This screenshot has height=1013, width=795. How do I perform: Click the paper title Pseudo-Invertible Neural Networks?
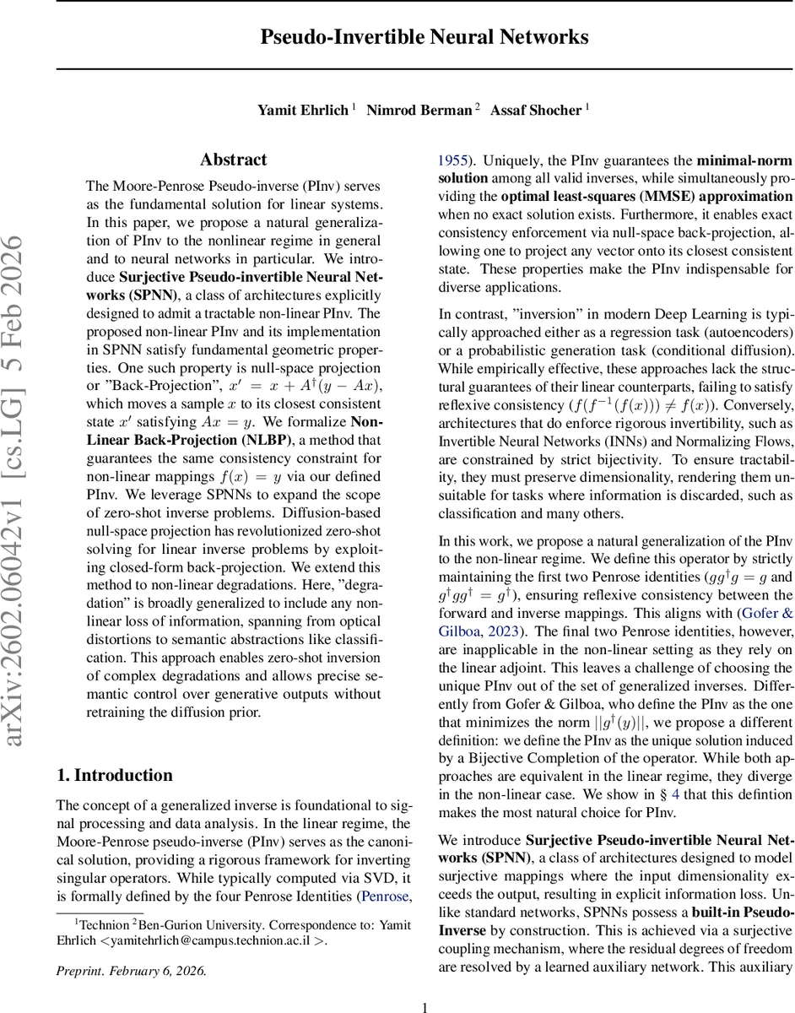[424, 37]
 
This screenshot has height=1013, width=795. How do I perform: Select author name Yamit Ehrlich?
[302, 110]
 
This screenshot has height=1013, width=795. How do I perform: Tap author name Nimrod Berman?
[419, 110]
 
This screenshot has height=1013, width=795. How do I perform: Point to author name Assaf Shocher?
[537, 110]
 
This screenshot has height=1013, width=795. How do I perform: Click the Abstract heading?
[233, 160]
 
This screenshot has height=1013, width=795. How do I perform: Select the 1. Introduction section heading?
[114, 775]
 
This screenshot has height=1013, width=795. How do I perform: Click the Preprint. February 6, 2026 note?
[131, 970]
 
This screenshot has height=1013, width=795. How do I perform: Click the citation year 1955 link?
[454, 160]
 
